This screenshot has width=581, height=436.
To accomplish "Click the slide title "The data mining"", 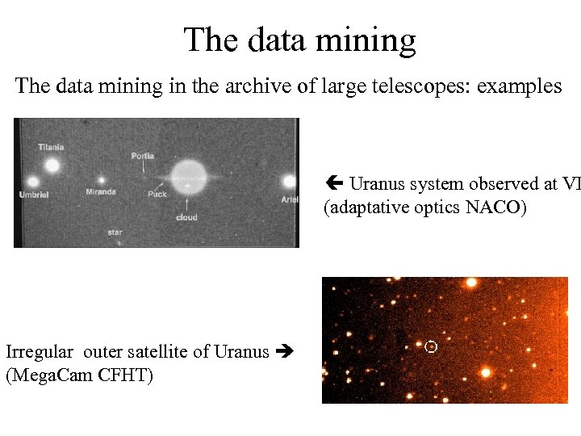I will (299, 39).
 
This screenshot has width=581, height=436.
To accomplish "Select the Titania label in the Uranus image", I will (51, 147).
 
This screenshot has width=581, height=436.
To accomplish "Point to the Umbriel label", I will (34, 195).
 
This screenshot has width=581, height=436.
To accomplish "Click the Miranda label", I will (101, 192).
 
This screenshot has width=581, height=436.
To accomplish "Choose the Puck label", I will (157, 194).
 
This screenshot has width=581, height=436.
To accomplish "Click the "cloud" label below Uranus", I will (186, 218).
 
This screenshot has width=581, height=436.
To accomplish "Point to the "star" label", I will (115, 232).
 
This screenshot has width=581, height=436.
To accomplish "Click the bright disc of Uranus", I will (190, 175).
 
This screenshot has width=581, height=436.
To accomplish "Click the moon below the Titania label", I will (53, 166).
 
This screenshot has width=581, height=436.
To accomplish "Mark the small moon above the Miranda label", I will (102, 181).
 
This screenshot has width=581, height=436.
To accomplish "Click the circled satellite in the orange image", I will (431, 346).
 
